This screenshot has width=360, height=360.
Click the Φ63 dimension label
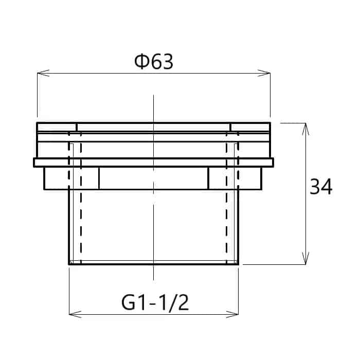tap(154, 62)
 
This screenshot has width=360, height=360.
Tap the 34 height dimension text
tap(321, 186)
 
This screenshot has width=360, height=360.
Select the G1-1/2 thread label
tap(155, 303)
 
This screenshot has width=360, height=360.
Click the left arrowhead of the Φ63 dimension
tap(43, 73)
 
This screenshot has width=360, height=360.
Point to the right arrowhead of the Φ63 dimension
tap(264, 73)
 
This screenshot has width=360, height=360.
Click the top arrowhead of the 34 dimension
tap(305, 129)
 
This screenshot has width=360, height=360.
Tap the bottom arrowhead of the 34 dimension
tap(305, 258)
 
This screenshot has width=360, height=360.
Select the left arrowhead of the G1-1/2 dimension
tap(75, 314)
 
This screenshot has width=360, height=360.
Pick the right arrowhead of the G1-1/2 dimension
tap(232, 314)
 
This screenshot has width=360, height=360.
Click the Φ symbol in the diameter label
tap(141, 62)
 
